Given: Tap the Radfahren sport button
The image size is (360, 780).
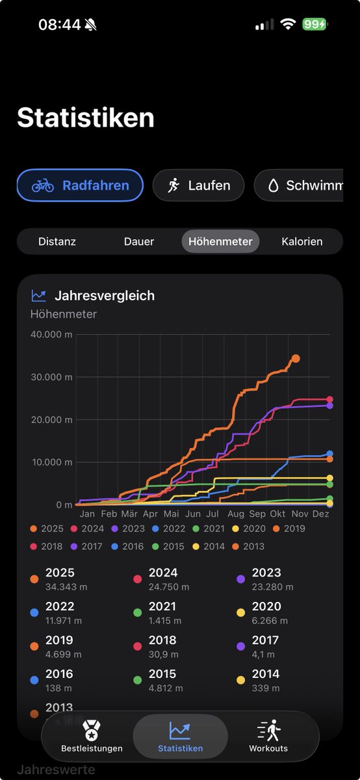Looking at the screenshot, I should coord(79,185).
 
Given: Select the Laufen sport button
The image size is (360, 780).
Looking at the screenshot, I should coord(198,185).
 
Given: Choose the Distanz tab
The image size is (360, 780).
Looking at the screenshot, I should coord(57,241).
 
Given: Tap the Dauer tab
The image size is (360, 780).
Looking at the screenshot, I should coord(139,241).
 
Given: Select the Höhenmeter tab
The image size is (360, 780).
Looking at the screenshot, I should coord(220,241).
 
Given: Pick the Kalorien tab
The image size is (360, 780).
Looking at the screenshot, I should coord(302,241).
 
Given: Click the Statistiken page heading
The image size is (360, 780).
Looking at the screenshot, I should coord(85,118).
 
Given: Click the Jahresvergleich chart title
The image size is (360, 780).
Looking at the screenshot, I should coord(105,296).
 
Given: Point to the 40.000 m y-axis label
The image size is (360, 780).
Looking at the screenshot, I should coord(51,334).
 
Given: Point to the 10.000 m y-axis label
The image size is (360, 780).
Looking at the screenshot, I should coord(51,462).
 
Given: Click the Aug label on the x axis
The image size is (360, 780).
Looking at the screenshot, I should coord(236,513).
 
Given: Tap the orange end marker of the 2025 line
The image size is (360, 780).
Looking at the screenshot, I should coord(296,358).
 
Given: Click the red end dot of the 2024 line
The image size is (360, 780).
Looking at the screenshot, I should coord(329,400).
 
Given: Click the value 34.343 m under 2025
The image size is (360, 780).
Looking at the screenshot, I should coord(66,587).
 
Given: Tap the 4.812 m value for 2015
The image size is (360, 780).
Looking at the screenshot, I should coord(166,688).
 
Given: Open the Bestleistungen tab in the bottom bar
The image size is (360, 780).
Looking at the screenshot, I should coord(92,736).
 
